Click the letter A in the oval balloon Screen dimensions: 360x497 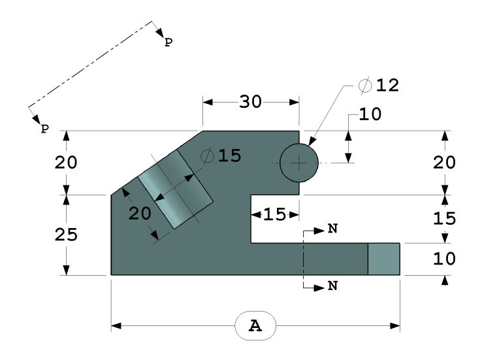(255, 326)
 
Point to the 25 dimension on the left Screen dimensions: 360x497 (66, 235)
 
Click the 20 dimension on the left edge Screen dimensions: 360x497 (66, 163)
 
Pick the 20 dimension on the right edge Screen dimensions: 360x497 (445, 163)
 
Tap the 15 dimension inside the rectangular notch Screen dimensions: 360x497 (275, 214)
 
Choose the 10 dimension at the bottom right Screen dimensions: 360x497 (445, 259)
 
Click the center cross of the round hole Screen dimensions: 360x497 (299, 162)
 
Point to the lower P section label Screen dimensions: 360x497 (44, 129)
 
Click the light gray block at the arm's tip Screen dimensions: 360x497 (383, 259)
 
